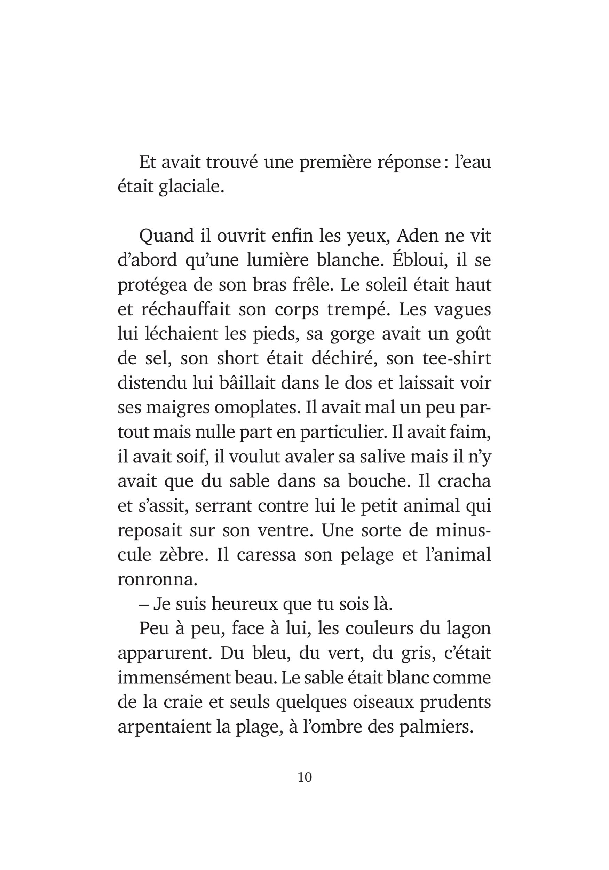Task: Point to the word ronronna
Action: click(157, 579)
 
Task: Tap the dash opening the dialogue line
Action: click(144, 605)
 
